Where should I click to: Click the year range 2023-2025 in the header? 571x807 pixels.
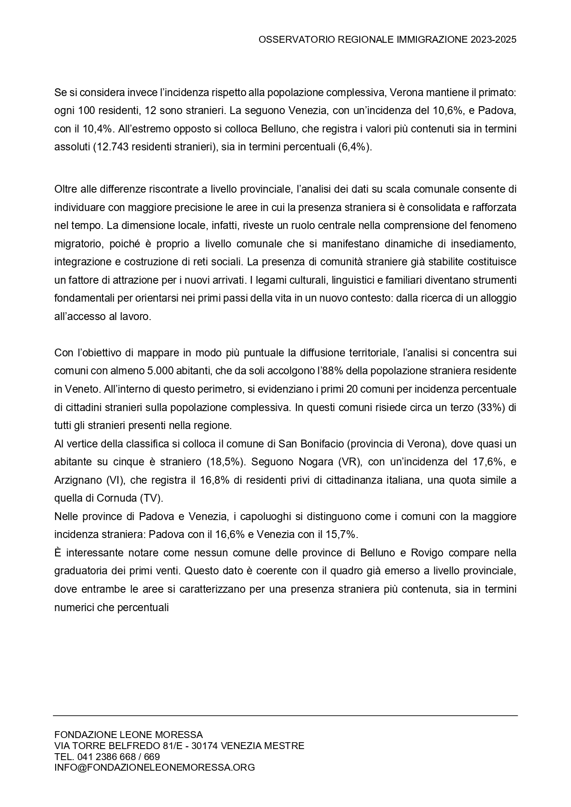click(493, 40)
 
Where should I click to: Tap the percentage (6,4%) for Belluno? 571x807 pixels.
click(354, 147)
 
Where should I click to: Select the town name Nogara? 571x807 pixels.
click(316, 462)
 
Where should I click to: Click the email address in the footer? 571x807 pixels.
click(155, 767)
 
